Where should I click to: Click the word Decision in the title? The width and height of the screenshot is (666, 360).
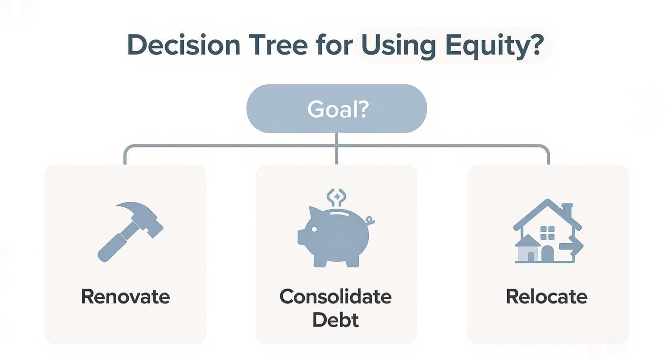(184, 45)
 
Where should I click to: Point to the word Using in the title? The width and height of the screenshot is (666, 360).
(399, 45)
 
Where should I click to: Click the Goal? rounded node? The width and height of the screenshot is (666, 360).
(336, 109)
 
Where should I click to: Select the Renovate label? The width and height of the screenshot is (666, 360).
(125, 297)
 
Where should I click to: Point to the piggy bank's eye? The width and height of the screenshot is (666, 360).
(314, 229)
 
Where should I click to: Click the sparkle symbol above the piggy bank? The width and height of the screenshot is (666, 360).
(336, 196)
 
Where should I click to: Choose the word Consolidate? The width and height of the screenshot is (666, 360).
(335, 297)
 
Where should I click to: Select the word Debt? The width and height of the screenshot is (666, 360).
(335, 320)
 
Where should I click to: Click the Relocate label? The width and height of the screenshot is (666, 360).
(546, 297)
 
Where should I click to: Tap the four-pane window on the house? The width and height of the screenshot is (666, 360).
(547, 233)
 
